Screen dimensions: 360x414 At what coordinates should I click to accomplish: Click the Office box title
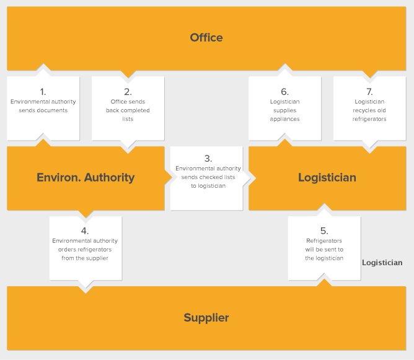[206, 38]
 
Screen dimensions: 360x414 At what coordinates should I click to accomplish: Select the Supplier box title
[206, 318]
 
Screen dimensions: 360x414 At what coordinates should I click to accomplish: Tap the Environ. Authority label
[86, 178]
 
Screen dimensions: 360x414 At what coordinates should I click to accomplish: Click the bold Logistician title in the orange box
[327, 178]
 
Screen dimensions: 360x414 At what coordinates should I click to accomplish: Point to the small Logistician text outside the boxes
[382, 263]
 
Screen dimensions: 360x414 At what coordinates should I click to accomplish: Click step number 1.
[43, 92]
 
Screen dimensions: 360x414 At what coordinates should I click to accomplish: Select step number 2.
[128, 92]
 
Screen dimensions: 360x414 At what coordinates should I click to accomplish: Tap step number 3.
[208, 159]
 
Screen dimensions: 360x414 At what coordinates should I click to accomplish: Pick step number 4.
[85, 231]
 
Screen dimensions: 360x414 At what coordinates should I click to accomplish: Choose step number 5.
[324, 231]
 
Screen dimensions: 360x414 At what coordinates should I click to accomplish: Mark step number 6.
[284, 92]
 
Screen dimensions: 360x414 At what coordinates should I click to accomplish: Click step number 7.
[369, 92]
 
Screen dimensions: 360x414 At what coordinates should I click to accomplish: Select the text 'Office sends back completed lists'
[128, 110]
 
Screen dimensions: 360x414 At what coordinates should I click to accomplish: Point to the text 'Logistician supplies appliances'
[284, 110]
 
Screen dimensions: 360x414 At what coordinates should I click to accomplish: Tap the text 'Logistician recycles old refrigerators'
[369, 110]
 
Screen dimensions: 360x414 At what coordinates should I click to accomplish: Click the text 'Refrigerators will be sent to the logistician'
[324, 250]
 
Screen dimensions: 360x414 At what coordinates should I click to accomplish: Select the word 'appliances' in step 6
[284, 119]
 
